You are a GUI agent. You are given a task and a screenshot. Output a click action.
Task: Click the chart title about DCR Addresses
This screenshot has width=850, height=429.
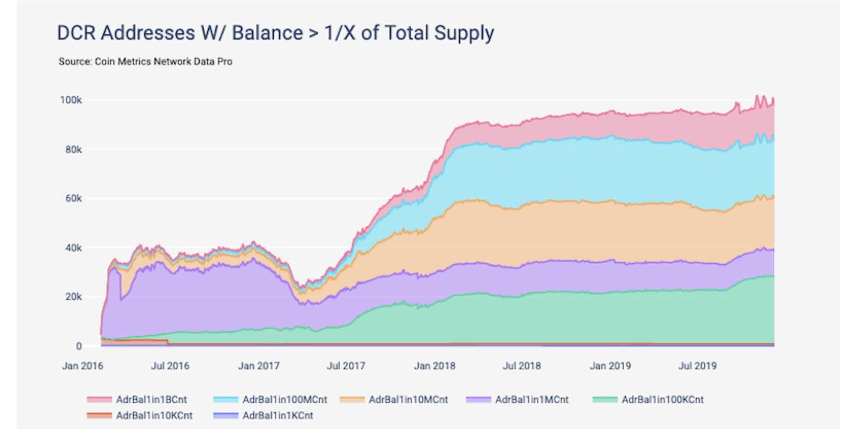pos(275,33)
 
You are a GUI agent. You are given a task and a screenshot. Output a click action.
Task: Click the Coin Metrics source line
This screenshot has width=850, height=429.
pos(145,62)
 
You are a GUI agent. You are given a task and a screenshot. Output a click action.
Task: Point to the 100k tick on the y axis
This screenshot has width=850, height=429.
pos(70,100)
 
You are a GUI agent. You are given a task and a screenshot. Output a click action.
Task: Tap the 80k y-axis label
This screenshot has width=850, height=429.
pos(73,150)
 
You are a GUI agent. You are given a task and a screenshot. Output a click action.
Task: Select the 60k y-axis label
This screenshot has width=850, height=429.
pos(73,199)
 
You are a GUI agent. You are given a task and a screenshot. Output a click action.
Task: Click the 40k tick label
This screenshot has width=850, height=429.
pos(73,248)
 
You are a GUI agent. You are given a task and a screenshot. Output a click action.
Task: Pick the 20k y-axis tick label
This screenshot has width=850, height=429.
pos(73,297)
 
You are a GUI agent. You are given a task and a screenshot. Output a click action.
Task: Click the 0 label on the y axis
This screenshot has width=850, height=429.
pos(79,346)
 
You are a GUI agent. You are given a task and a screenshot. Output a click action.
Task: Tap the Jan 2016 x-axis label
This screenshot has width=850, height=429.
pos(82,366)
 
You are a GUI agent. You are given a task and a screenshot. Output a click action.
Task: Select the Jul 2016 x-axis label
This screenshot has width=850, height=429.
pos(170,366)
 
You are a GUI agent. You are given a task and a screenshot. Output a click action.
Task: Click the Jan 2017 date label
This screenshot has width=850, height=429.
pos(259,366)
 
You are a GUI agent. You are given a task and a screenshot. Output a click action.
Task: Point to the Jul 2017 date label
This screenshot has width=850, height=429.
pos(346,366)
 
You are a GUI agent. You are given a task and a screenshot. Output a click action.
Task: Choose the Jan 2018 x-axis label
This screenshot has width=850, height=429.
pos(434,366)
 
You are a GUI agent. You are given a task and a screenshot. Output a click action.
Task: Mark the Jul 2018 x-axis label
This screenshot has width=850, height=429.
pos(521,366)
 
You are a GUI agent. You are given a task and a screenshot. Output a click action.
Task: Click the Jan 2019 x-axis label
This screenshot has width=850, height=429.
pos(610,366)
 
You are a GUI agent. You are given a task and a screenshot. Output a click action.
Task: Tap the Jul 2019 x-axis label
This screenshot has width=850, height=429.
pos(697,366)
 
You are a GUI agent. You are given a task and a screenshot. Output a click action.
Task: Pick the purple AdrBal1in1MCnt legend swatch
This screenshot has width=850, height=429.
pos(478,399)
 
